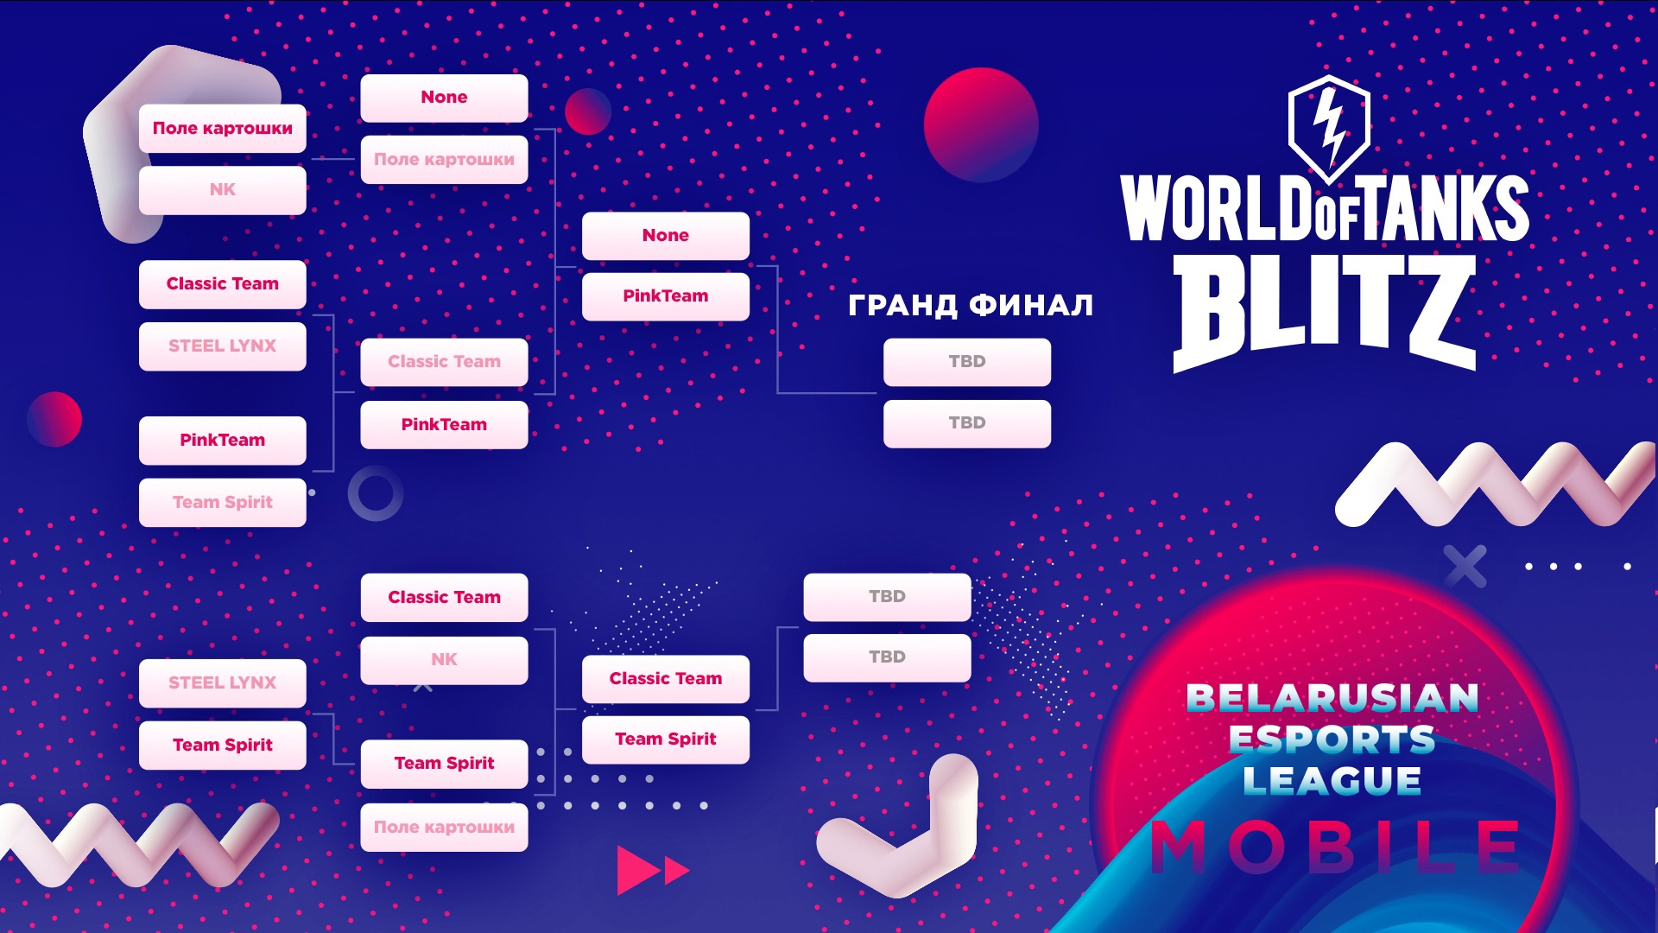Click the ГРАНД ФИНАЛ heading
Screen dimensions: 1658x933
coord(971,305)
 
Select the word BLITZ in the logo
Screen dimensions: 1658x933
coord(1324,313)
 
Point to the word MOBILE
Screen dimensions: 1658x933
coord(1336,847)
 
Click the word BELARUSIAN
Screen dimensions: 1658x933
coord(1332,698)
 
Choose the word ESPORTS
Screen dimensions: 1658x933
coord(1332,739)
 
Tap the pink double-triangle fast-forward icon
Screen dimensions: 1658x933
coord(654,870)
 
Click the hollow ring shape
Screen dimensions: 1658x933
coord(376,493)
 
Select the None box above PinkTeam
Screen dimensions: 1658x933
coord(666,236)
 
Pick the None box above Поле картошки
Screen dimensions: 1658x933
coord(444,98)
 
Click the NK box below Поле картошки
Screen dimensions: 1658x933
coord(223,190)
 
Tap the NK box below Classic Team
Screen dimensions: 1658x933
coord(444,660)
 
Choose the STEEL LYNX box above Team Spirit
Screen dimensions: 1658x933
coord(223,683)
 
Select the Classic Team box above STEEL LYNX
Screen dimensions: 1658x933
coord(223,284)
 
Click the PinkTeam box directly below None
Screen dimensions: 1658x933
coord(666,296)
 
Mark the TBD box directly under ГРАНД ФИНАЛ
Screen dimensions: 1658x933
coord(967,362)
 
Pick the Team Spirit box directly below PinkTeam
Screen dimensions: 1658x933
coord(223,503)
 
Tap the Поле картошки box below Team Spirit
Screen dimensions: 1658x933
coord(444,828)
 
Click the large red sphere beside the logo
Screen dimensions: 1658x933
coord(981,124)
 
